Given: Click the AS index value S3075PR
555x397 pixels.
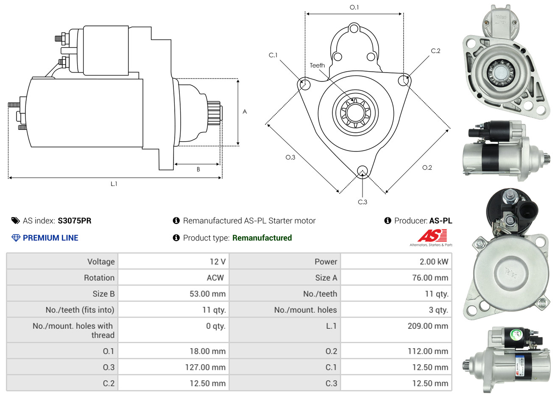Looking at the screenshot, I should [x=74, y=221].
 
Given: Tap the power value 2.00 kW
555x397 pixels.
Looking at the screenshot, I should [x=433, y=262].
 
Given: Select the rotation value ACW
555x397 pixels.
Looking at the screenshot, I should [x=215, y=278].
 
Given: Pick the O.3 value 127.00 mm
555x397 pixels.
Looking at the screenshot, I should [x=205, y=367].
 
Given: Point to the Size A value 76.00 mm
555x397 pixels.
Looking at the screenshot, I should [x=430, y=278].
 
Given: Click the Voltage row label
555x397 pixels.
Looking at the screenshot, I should [x=101, y=262].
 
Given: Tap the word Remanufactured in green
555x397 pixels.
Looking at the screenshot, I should [x=262, y=238].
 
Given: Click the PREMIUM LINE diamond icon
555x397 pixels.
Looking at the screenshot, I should [x=16, y=238].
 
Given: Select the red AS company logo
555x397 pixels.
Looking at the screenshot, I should [x=432, y=235].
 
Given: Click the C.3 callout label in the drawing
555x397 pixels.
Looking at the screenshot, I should [x=363, y=202].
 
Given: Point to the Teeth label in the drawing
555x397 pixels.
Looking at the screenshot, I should [x=317, y=65].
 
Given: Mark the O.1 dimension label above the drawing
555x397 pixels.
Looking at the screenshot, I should [x=354, y=7].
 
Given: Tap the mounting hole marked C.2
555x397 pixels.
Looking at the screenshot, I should [x=404, y=80].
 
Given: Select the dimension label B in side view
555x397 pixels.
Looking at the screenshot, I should [x=198, y=169].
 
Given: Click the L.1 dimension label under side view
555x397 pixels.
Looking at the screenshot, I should [x=114, y=184].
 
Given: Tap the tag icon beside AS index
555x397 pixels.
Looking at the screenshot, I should [x=15, y=221].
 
